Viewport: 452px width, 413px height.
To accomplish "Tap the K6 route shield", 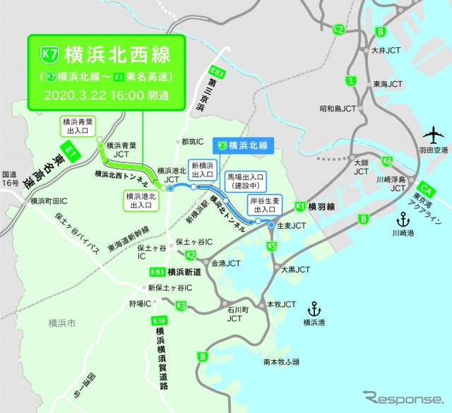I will click(388, 162).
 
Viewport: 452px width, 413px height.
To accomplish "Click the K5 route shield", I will click(273, 246).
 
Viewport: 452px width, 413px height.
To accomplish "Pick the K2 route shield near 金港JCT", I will click(190, 256).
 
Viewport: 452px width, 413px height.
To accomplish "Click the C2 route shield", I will click(339, 30).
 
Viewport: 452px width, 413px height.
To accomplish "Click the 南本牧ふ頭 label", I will click(281, 362).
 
